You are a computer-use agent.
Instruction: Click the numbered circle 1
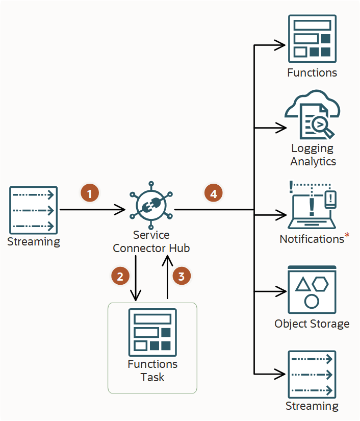[90, 194]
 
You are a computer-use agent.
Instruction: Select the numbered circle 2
[120, 277]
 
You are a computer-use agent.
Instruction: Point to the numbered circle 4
[214, 194]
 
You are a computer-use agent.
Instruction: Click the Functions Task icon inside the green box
[152, 332]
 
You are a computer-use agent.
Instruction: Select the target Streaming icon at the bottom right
[312, 374]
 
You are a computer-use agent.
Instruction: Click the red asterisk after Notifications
[347, 236]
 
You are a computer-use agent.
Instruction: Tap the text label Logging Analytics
[313, 155]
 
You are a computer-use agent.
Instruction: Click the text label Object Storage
[312, 324]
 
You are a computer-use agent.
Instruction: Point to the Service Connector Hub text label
[151, 241]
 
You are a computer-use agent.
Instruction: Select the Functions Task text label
[152, 371]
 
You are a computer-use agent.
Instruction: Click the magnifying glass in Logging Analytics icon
[322, 126]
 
